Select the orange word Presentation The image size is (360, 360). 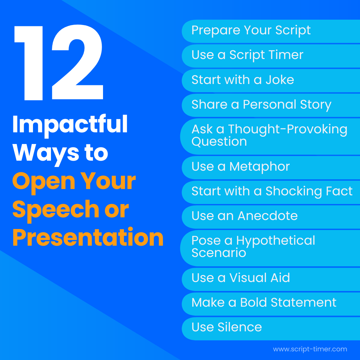pyautogui.click(x=88, y=237)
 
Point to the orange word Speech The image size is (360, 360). pyautogui.click(x=55, y=209)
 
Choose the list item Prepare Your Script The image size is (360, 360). pyautogui.click(x=251, y=30)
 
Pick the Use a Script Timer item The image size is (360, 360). pyautogui.click(x=247, y=55)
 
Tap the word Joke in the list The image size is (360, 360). pyautogui.click(x=280, y=80)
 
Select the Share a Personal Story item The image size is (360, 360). pyautogui.click(x=261, y=105)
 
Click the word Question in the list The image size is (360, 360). pyautogui.click(x=219, y=142)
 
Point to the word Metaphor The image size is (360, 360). pyautogui.click(x=260, y=167)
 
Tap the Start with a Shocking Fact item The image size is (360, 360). pyautogui.click(x=272, y=191)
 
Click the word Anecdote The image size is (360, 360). pyautogui.click(x=267, y=216)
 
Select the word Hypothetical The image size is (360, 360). pyautogui.click(x=276, y=241)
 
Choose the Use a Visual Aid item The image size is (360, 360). pyautogui.click(x=241, y=278)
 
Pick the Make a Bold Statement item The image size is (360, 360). pyautogui.click(x=264, y=303)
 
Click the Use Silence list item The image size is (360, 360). pyautogui.click(x=227, y=327)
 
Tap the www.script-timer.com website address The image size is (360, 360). pyautogui.click(x=310, y=349)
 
